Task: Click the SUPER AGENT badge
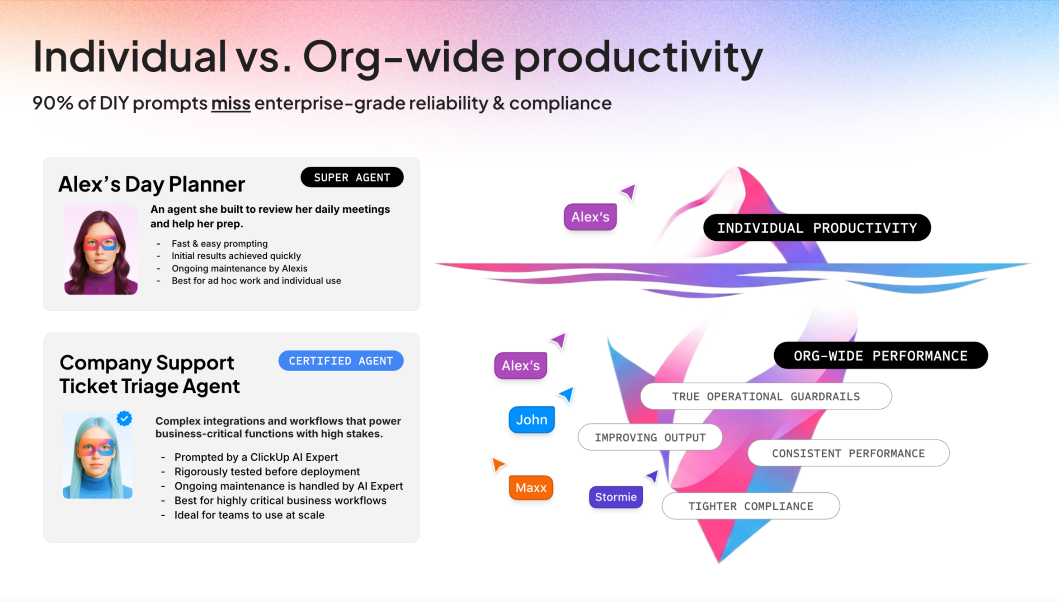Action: point(352,177)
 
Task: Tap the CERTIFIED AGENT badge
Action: point(341,361)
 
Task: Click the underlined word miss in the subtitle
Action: point(231,103)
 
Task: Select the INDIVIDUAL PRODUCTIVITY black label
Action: point(817,228)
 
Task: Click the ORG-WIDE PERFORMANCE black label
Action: point(880,356)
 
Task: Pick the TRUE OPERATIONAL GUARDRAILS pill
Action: point(766,397)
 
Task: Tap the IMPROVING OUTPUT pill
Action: point(650,437)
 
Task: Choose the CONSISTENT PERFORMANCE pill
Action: point(848,453)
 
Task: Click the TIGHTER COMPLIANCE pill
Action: point(750,506)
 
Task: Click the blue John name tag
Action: point(532,420)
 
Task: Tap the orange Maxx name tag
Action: point(531,488)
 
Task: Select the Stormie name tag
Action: point(616,497)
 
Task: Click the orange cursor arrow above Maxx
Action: point(498,465)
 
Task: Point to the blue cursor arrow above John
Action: point(567,394)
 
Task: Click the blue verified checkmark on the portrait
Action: point(124,419)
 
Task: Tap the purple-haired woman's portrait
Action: point(101,250)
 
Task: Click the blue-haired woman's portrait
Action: point(97,456)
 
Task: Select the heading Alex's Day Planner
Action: point(151,184)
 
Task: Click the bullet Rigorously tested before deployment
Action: point(267,471)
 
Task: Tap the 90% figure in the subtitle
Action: point(52,103)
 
